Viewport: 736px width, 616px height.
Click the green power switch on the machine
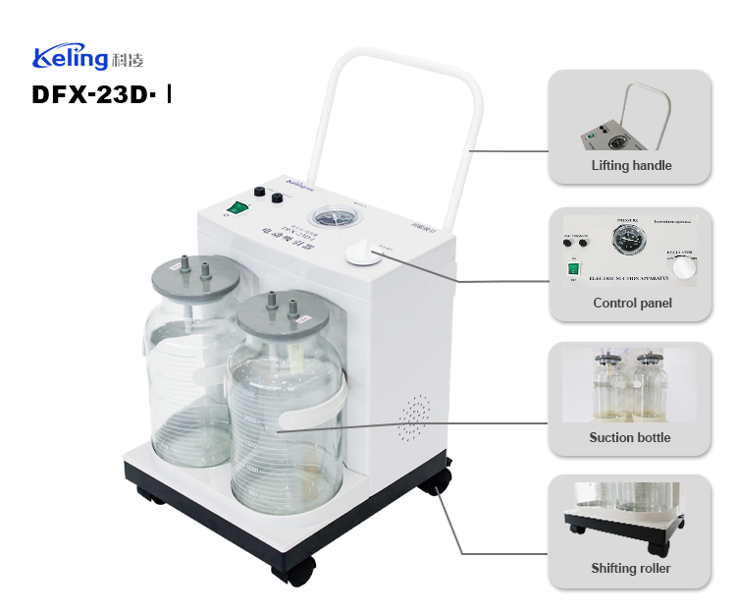pos(238,207)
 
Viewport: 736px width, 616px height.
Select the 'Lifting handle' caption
pos(631,165)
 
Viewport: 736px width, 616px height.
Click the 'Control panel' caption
pos(632,303)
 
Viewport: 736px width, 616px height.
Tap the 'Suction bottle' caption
pos(630,437)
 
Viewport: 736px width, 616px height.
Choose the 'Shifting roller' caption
pos(631,568)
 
